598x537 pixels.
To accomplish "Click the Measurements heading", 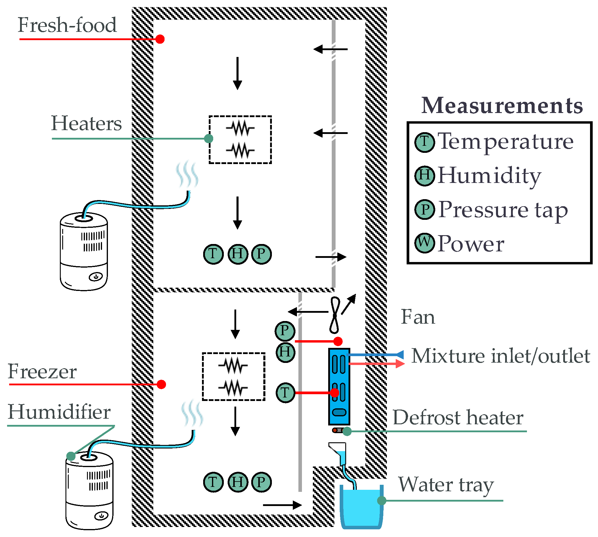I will (502, 105).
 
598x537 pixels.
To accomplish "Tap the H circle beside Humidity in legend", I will (424, 176).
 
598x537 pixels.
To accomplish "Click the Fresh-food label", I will (67, 25).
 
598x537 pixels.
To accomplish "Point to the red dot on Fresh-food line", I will (160, 39).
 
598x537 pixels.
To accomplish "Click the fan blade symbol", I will (335, 315).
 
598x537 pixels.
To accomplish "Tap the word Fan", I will (418, 317).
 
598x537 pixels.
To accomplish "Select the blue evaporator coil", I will (339, 387).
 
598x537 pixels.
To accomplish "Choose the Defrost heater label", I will (458, 418).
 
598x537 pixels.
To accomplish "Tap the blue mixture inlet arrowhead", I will (400, 354).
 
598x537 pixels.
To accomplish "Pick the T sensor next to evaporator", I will (285, 393).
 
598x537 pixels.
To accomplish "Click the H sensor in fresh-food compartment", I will (238, 254).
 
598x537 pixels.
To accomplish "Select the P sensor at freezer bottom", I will (261, 482).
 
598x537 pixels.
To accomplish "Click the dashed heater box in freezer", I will (234, 376).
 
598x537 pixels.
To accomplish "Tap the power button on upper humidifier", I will (96, 277).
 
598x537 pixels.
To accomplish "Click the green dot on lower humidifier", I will (71, 456).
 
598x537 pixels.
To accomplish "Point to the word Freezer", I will (42, 371).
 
